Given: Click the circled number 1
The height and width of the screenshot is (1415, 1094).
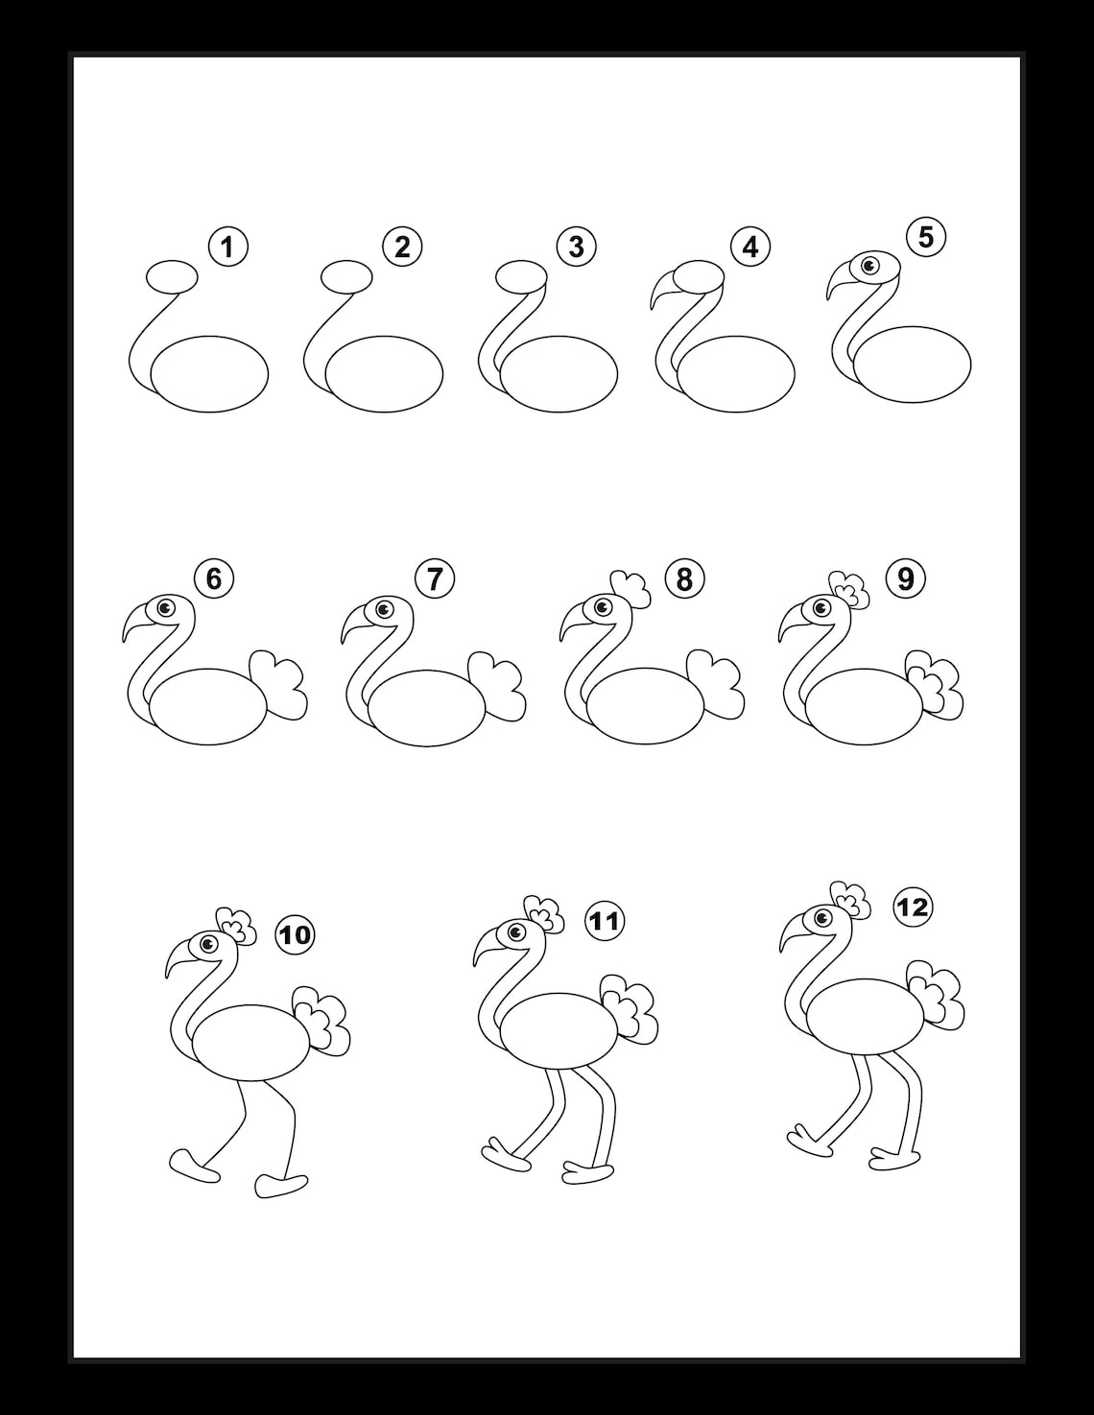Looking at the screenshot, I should click(x=227, y=248).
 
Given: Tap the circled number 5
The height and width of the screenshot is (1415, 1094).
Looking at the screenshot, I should click(x=925, y=236).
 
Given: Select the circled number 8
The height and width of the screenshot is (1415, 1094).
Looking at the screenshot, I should click(x=683, y=579).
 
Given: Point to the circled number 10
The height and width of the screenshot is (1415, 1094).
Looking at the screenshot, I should click(x=296, y=933).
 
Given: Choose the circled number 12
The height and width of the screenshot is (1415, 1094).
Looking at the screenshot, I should click(x=912, y=906).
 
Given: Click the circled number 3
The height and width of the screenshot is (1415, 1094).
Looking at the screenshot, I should click(x=576, y=247).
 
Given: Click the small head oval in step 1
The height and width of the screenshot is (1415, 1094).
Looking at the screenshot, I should click(x=172, y=276).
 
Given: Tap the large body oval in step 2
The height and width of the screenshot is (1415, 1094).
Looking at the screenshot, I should click(x=384, y=374).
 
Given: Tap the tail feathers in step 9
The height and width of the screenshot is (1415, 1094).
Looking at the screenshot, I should click(x=937, y=687).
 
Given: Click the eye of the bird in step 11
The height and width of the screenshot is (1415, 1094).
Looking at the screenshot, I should click(x=516, y=932).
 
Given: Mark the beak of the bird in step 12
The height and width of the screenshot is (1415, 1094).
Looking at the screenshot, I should click(x=793, y=933).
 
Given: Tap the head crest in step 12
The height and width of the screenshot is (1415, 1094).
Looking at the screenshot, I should click(x=850, y=900).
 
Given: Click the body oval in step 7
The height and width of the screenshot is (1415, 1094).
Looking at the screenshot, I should click(x=428, y=706).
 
